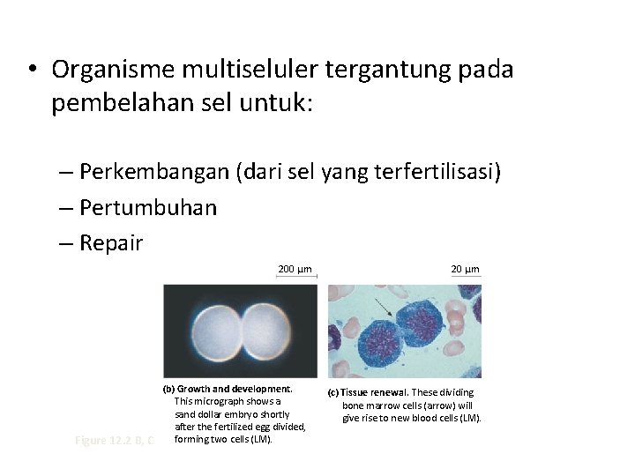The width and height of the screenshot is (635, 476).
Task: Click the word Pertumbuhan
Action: pos(147,207)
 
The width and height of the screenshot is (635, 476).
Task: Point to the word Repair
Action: pos(110,243)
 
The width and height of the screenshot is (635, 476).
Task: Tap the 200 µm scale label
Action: pos(295,269)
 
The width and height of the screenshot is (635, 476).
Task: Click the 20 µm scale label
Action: pos(465,269)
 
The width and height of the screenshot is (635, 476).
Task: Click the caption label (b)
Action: pos(168,389)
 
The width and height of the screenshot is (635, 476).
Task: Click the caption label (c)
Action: pos(333,392)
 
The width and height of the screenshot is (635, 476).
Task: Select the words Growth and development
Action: pos(234,389)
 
